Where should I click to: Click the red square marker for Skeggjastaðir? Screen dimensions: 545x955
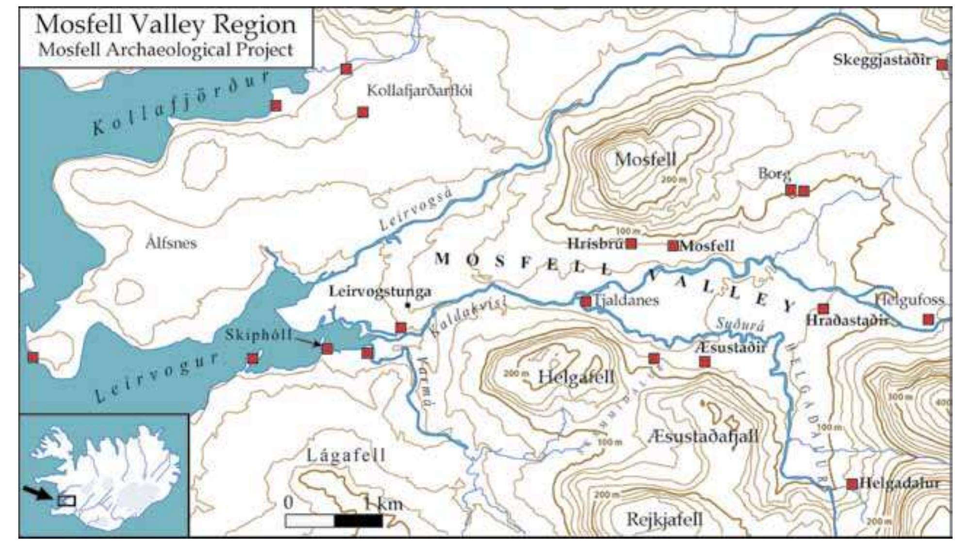[x=941, y=65]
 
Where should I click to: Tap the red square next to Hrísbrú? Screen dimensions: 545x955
[x=631, y=243]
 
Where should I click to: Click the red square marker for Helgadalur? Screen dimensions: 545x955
[x=852, y=484]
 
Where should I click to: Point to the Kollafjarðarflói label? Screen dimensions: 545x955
[x=419, y=91]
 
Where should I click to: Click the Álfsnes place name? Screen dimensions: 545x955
[x=171, y=243]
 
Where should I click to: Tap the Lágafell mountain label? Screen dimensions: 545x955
[x=346, y=455]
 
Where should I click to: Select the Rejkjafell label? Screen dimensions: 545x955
[x=664, y=519]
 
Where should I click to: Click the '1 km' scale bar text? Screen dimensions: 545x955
[x=383, y=503]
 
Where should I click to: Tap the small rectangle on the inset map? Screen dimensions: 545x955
[x=66, y=500]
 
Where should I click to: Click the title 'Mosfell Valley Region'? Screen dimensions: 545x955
[x=165, y=24]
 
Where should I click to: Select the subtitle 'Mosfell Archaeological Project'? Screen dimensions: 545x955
[x=165, y=50]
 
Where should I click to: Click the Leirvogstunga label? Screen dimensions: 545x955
[x=380, y=291]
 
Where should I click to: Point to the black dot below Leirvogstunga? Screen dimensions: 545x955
[x=408, y=306]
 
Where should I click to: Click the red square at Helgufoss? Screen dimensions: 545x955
[x=928, y=319]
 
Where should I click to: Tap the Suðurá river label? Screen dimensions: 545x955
[x=740, y=324]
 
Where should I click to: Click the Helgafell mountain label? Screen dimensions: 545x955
[x=576, y=377]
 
